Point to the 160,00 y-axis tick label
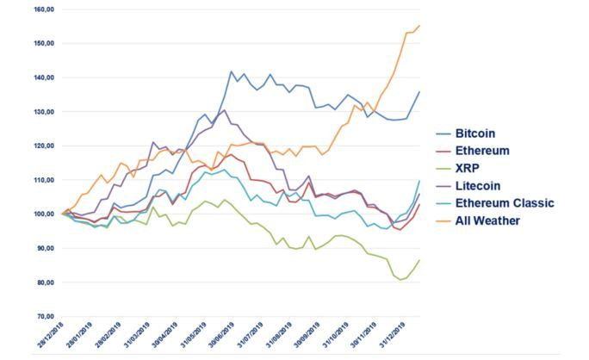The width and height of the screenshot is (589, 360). click(44, 9)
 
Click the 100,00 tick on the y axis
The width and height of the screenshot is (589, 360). click(44, 214)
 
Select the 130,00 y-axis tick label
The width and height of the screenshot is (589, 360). click(44, 112)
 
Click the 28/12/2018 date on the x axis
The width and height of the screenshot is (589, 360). click(49, 338)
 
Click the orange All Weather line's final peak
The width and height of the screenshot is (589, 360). click(419, 26)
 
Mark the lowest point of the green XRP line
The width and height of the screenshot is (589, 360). click(400, 280)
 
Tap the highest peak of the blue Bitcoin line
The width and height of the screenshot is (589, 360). click(231, 71)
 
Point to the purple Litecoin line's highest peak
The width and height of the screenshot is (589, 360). click(225, 110)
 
